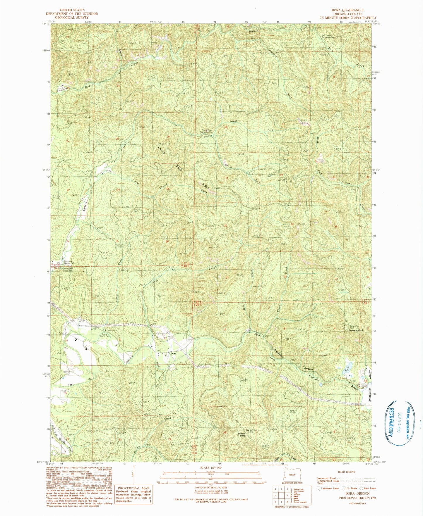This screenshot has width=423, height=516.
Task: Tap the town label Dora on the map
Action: pyautogui.click(x=174, y=353)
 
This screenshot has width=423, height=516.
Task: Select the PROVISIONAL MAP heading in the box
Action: pyautogui.click(x=134, y=488)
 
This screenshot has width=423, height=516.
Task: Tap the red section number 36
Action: pyautogui.click(x=167, y=241)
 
